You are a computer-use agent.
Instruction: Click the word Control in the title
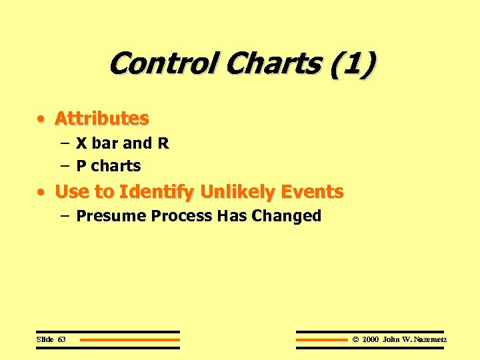[164, 64]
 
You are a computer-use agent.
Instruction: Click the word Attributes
[101, 119]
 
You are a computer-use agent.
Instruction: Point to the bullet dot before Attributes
[42, 119]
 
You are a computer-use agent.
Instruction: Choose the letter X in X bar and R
[81, 143]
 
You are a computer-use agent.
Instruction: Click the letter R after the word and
[163, 143]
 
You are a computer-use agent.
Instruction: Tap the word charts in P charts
[117, 166]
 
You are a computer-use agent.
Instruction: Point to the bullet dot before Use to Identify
[42, 193]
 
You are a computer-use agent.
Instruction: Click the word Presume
[111, 216]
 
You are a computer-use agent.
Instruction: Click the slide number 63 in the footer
[61, 339]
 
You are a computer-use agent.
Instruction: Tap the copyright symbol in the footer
[355, 339]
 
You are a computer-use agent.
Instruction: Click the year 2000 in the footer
[370, 339]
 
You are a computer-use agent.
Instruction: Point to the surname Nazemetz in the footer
[430, 339]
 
